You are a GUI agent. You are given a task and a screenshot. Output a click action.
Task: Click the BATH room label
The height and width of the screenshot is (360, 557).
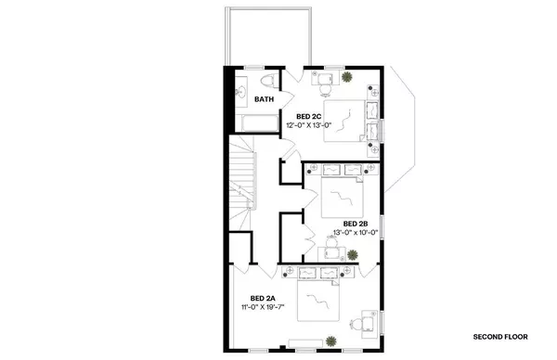point(265,99)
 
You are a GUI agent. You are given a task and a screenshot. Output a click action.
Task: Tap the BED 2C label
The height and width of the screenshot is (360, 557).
point(309,116)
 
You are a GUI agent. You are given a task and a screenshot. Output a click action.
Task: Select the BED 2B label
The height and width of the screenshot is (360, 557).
point(356,224)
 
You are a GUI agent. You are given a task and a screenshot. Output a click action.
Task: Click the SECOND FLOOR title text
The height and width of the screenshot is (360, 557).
point(500,336)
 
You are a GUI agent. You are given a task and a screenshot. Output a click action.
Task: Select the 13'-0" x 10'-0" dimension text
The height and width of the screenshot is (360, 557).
point(356,233)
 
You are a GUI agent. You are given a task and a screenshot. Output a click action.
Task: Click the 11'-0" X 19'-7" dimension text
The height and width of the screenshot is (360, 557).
point(264,306)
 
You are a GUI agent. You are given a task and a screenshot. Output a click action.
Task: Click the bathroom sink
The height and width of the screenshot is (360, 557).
point(240,90)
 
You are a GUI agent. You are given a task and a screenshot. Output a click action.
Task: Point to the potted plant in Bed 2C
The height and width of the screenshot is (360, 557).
point(348,78)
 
